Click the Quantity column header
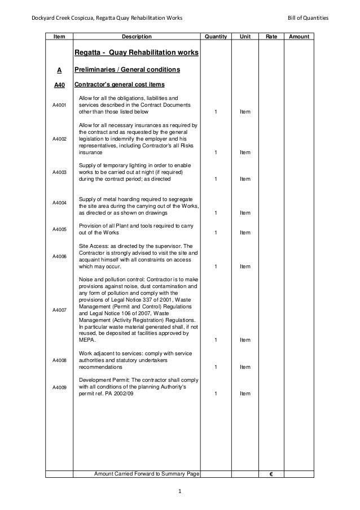click(216, 37)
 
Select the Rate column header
click(271, 37)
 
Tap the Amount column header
click(298, 37)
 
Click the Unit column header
click(245, 37)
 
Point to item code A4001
click(59, 106)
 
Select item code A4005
click(59, 229)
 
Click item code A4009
click(59, 387)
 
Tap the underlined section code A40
click(59, 86)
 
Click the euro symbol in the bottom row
click(271, 473)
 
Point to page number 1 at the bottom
click(179, 491)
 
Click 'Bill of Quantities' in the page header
click(308, 19)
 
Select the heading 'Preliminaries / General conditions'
click(129, 71)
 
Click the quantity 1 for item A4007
click(216, 340)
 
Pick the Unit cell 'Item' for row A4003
click(245, 179)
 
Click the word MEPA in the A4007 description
click(87, 340)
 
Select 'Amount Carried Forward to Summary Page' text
click(147, 473)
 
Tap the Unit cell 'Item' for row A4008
click(245, 367)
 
